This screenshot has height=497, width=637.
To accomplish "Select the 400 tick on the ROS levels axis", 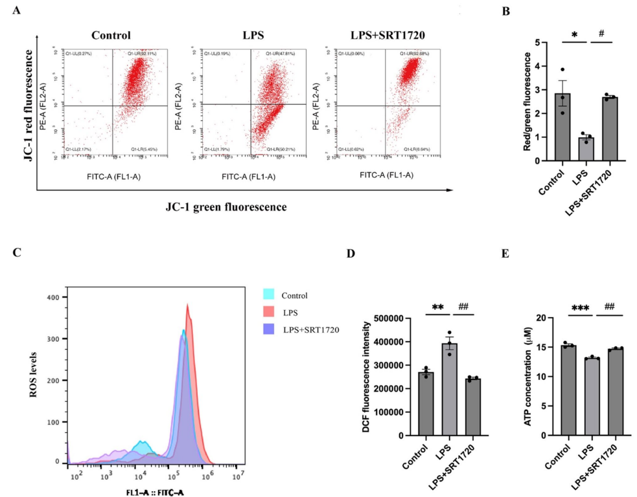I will click(x=55, y=297).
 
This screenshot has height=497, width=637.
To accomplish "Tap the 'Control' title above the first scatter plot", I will click(x=111, y=36).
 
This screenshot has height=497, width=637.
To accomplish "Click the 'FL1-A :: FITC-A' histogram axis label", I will click(x=156, y=491).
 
